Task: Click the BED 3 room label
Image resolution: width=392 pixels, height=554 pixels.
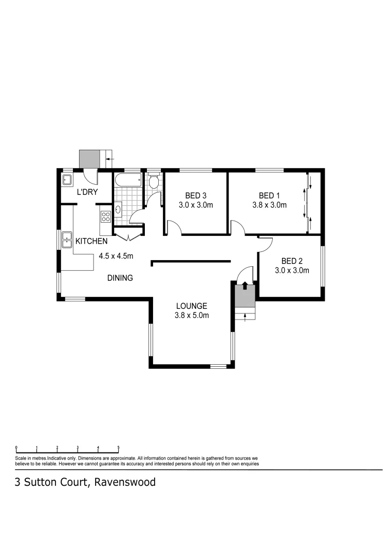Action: pyautogui.click(x=196, y=195)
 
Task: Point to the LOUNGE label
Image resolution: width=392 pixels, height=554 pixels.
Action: pyautogui.click(x=191, y=306)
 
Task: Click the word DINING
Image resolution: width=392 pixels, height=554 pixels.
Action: pyautogui.click(x=120, y=278)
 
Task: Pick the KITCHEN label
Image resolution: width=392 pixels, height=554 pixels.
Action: pyautogui.click(x=91, y=241)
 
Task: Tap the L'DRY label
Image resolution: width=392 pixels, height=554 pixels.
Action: pyautogui.click(x=87, y=192)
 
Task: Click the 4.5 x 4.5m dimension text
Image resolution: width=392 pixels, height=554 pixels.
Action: pyautogui.click(x=116, y=256)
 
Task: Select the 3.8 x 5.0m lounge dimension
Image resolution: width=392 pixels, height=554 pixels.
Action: pyautogui.click(x=191, y=315)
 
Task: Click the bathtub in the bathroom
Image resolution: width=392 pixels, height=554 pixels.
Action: pyautogui.click(x=128, y=181)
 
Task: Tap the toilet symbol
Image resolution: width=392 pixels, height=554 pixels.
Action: pyautogui.click(x=153, y=182)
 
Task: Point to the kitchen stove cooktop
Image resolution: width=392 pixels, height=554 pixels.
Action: pyautogui.click(x=106, y=216)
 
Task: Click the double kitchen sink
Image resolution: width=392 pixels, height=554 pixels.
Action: pyautogui.click(x=67, y=239)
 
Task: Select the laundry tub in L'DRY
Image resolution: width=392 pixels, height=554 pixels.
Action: pyautogui.click(x=67, y=180)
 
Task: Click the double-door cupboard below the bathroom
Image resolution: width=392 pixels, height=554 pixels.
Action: pyautogui.click(x=128, y=235)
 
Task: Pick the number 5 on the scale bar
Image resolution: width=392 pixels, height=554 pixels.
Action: pyautogui.click(x=118, y=447)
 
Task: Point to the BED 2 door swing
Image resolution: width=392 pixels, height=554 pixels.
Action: pyautogui.click(x=264, y=245)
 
